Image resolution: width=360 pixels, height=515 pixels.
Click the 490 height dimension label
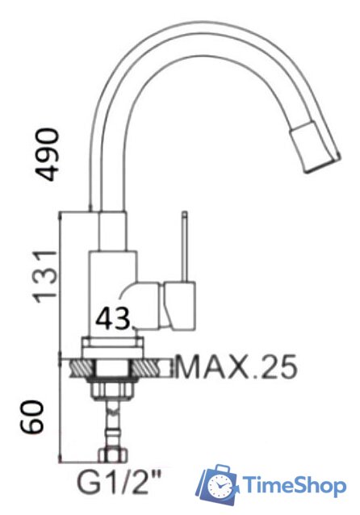pyautogui.click(x=50, y=153)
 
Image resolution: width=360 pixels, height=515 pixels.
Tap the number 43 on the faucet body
pyautogui.click(x=113, y=320)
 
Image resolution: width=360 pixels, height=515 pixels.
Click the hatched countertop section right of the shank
pyautogui.click(x=157, y=368)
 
